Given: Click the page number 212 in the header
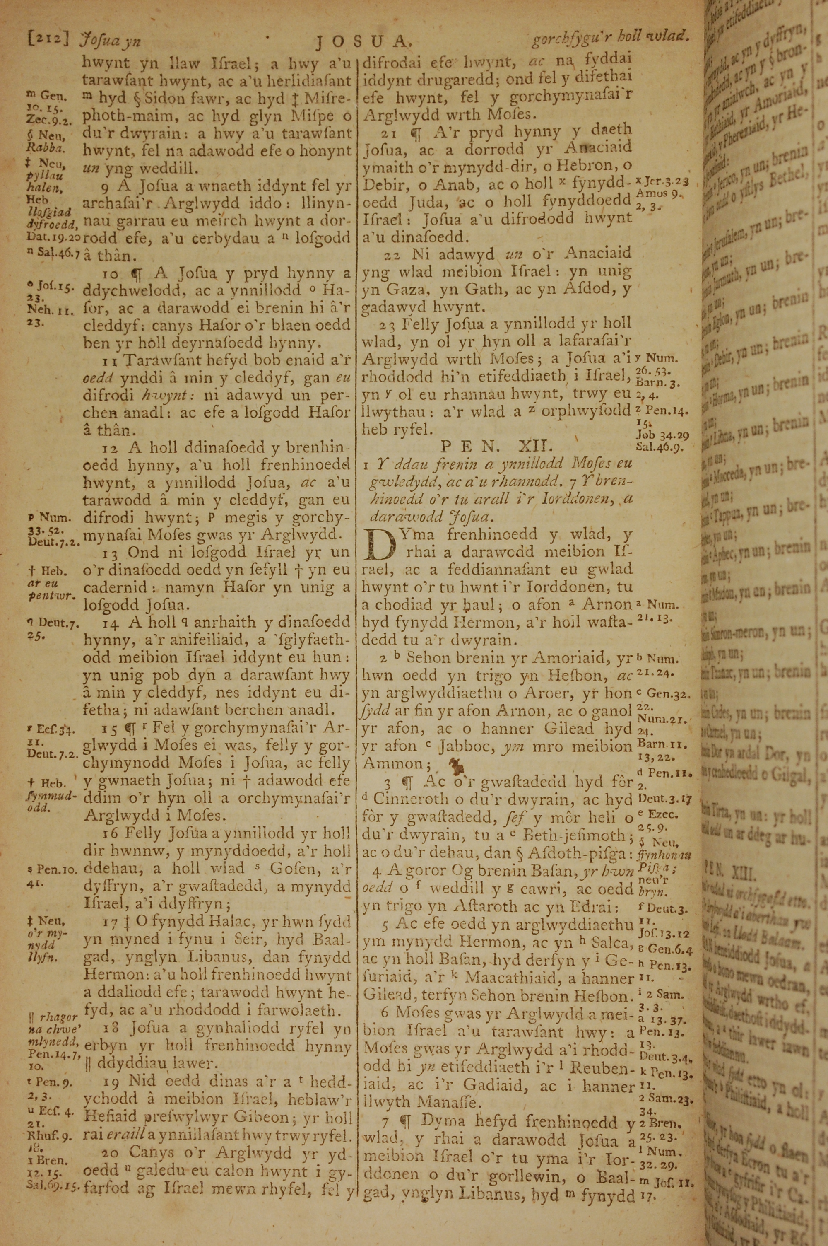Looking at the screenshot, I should click(x=48, y=39).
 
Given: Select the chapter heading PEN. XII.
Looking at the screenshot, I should click(x=496, y=446).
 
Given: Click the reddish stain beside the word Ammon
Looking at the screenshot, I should click(x=453, y=763).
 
